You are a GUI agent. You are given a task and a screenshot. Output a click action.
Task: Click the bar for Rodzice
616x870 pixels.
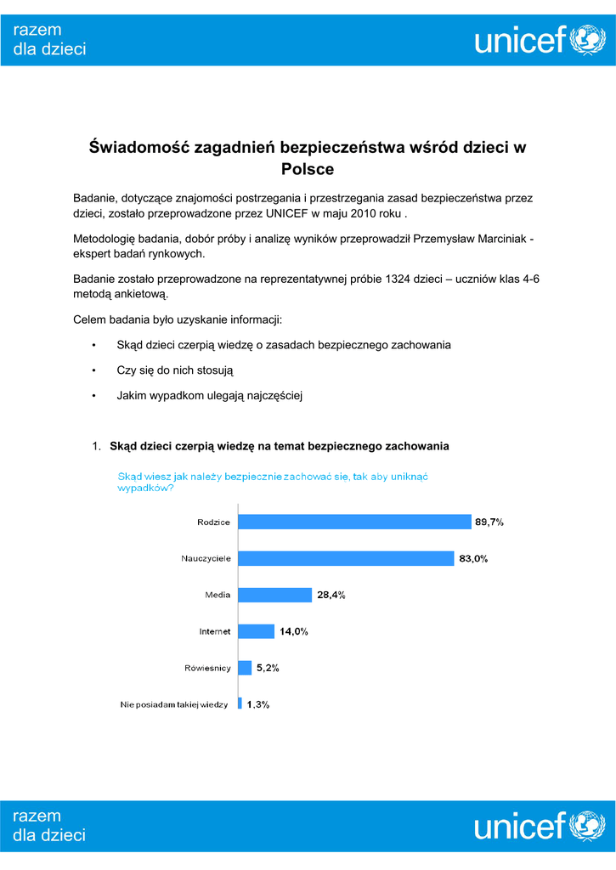pyautogui.click(x=353, y=522)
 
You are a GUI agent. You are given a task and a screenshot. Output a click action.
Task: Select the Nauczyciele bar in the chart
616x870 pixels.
pyautogui.click(x=345, y=558)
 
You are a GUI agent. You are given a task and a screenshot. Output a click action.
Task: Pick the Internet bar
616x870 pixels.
pyautogui.click(x=256, y=631)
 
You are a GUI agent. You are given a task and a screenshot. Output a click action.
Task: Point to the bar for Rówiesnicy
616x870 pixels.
pyautogui.click(x=245, y=668)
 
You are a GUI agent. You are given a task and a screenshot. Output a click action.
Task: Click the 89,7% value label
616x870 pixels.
pyautogui.click(x=489, y=523)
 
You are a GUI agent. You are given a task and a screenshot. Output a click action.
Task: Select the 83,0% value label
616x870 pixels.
pyautogui.click(x=473, y=559)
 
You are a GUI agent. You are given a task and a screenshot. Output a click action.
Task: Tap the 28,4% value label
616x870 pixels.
pyautogui.click(x=331, y=596)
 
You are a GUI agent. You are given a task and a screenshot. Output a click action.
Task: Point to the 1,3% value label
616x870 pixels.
pyautogui.click(x=258, y=703)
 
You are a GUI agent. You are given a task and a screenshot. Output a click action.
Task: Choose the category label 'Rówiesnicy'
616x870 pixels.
pyautogui.click(x=208, y=668)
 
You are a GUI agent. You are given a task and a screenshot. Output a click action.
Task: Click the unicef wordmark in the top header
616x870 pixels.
pyautogui.click(x=520, y=39)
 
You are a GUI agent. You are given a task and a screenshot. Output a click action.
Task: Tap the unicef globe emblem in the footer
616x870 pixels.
pyautogui.click(x=587, y=825)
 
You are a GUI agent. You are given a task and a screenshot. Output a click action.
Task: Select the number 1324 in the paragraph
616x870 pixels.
pyautogui.click(x=398, y=279)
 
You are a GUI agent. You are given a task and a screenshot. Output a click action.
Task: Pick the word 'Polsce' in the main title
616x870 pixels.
pyautogui.click(x=308, y=169)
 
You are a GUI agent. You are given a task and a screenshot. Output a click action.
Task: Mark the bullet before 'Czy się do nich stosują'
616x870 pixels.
pyautogui.click(x=93, y=370)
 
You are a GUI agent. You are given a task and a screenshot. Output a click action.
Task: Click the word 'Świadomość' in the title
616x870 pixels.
pyautogui.click(x=138, y=147)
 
